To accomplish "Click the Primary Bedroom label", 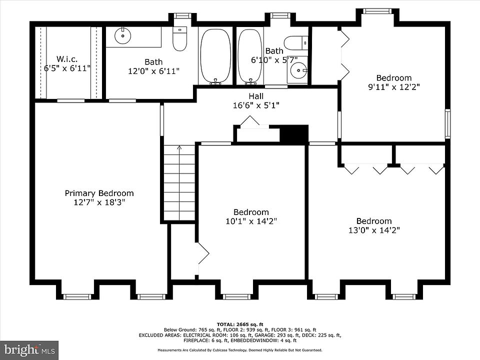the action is pos(99,193).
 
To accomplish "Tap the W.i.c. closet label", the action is pos(67,59).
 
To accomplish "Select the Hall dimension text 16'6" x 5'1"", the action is pos(256,105).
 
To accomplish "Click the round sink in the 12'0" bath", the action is pos(123,36).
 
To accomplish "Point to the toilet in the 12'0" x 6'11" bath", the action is pos(179,39).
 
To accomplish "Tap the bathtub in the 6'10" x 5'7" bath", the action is pos(250,56).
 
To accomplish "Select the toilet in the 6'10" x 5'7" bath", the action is pos(295,42).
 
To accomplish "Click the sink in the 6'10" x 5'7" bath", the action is pos(297,70).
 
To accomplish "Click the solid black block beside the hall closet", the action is pos(294,134).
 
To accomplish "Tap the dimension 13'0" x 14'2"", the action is pos(374,230).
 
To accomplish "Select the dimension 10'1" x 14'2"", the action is pos(251,221).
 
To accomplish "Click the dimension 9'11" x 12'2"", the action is pos(393,87).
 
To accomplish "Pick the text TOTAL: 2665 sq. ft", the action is pos(240,324).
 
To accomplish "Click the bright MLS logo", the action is pos(29,349).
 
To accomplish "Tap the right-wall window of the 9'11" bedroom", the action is pos(448,123).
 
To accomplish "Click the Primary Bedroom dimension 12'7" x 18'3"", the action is pos(99,202).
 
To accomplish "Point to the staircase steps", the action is pos(179,182).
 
